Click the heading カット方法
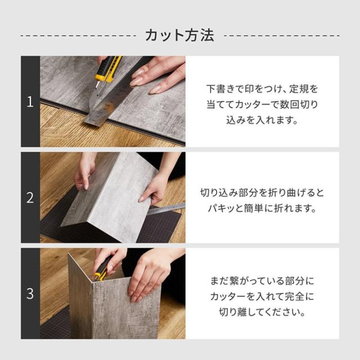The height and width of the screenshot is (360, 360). pos(179,35)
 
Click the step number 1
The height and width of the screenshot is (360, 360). pos(30,102)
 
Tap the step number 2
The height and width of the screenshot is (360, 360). pos(30,197)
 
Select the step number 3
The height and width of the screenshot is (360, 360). pos(30,293)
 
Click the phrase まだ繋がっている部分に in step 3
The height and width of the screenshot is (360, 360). pos(262,278)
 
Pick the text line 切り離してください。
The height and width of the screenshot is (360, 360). pos(262,309)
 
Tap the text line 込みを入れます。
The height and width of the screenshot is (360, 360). pos(262,120)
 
